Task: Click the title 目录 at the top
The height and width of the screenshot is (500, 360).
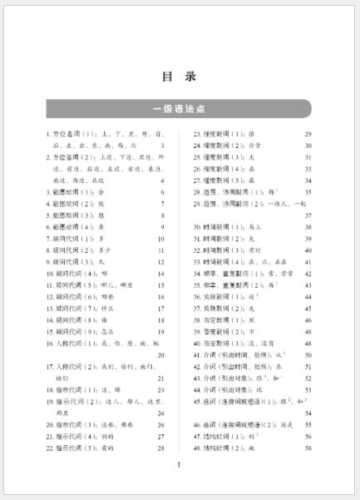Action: click(x=179, y=77)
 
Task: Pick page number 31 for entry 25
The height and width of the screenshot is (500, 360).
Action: click(x=308, y=156)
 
